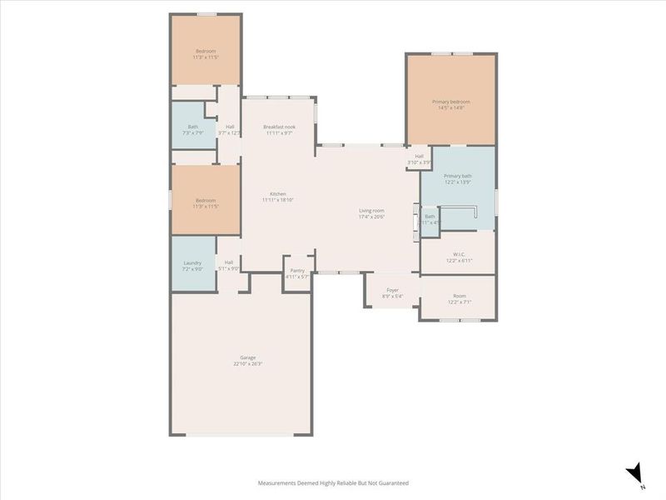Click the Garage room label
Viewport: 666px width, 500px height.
pyautogui.click(x=248, y=357)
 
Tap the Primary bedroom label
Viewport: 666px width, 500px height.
pyautogui.click(x=450, y=102)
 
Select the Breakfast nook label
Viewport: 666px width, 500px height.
pyautogui.click(x=280, y=127)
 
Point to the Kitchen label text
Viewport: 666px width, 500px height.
pyautogui.click(x=278, y=193)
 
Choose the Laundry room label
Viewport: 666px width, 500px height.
pyautogui.click(x=192, y=263)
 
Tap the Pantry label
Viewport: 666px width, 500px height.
pyautogui.click(x=297, y=270)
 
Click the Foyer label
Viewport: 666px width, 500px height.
pyautogui.click(x=392, y=290)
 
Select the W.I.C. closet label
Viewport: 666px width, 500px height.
pyautogui.click(x=458, y=255)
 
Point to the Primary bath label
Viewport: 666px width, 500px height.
pyautogui.click(x=458, y=176)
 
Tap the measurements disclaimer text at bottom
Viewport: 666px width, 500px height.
pyautogui.click(x=333, y=482)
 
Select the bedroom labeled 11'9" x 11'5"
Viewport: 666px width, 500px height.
pyautogui.click(x=205, y=200)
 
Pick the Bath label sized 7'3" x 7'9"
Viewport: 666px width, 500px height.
pyautogui.click(x=193, y=127)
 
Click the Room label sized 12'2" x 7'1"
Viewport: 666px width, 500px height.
pyautogui.click(x=459, y=296)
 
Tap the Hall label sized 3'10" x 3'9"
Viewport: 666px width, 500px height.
pyautogui.click(x=420, y=156)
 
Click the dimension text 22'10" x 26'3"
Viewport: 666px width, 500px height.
pyautogui.click(x=248, y=363)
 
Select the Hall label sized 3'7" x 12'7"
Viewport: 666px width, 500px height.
pyautogui.click(x=229, y=127)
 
